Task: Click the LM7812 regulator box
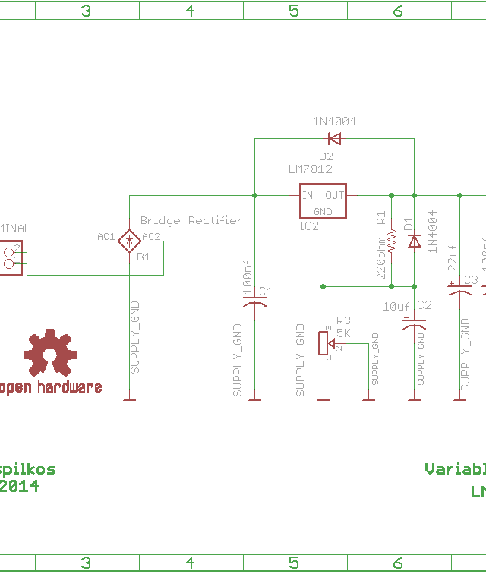323,201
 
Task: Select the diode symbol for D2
334,138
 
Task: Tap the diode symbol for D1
414,241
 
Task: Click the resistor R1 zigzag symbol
392,241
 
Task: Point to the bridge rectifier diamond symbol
129,241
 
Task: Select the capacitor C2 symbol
414,323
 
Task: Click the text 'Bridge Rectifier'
191,220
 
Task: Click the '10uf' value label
396,307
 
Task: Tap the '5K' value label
343,333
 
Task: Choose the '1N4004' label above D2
334,121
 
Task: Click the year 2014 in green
19,487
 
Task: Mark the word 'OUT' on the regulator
335,195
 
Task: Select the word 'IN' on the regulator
308,195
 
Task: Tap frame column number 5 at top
294,11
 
